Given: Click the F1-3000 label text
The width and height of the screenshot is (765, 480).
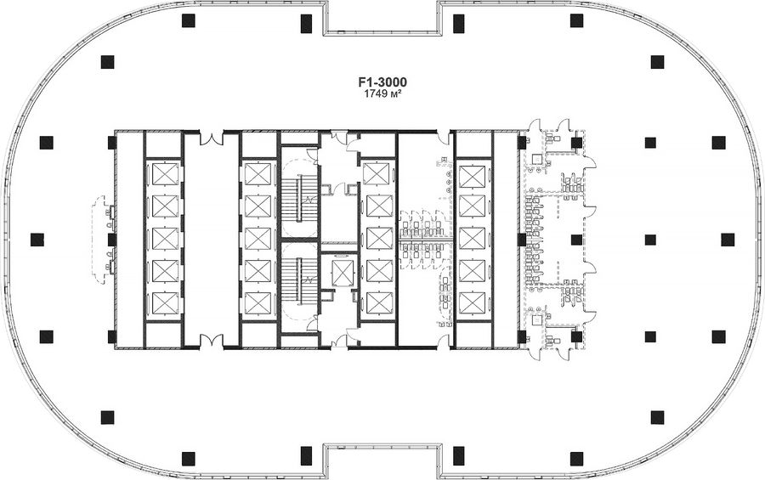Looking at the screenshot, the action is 382,82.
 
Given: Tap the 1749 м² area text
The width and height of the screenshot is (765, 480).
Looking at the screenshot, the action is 382,94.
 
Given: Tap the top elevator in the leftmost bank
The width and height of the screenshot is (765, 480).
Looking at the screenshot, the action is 165,174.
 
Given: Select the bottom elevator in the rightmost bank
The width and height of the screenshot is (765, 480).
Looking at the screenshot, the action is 473,303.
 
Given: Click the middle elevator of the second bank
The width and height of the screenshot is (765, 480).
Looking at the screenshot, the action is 258,239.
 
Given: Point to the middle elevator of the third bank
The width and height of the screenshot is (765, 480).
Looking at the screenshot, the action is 380,239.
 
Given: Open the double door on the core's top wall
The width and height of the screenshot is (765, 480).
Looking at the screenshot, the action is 212,137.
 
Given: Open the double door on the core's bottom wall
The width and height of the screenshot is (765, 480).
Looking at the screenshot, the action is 212,341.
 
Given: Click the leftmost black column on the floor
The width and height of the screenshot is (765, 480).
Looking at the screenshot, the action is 37,240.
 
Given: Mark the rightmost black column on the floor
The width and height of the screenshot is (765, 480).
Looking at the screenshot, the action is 728,240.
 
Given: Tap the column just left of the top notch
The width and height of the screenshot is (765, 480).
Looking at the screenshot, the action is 306,24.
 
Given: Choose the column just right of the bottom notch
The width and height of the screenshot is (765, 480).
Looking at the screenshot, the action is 458,456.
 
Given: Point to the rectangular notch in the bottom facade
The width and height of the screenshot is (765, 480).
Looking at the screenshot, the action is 382,461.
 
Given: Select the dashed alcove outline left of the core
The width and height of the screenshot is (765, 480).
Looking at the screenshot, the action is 99,240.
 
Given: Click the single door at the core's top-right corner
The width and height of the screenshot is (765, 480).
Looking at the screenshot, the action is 444,138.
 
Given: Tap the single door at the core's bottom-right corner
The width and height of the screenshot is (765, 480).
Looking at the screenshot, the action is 444,341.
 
